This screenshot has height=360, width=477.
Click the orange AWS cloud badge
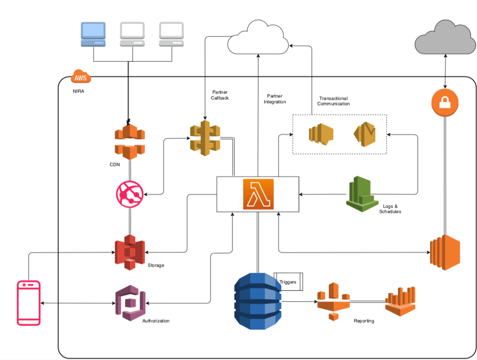pyautogui.click(x=80, y=77)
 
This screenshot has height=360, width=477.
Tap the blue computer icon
pyautogui.click(x=93, y=35)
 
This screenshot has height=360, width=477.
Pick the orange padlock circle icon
pyautogui.click(x=445, y=102)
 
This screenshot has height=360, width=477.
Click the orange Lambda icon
pyautogui.click(x=258, y=194)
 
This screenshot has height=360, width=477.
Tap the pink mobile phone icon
pyautogui.click(x=29, y=303)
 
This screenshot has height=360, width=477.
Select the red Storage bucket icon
pyautogui.click(x=129, y=252)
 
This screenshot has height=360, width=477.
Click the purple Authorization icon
pyautogui.click(x=130, y=304)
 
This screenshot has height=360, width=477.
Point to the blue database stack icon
pyautogui.click(x=257, y=301)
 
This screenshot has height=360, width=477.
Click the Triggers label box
pyautogui.click(x=289, y=282)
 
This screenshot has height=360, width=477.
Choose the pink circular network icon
pyautogui.click(x=129, y=194)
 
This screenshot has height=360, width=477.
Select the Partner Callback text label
pyautogui.click(x=220, y=95)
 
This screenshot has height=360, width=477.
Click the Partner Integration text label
pyautogui.click(x=274, y=99)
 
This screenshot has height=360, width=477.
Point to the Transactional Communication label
pyautogui.click(x=334, y=101)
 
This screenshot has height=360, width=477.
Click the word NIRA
pyautogui.click(x=78, y=92)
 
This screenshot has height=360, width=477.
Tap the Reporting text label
pyautogui.click(x=363, y=321)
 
